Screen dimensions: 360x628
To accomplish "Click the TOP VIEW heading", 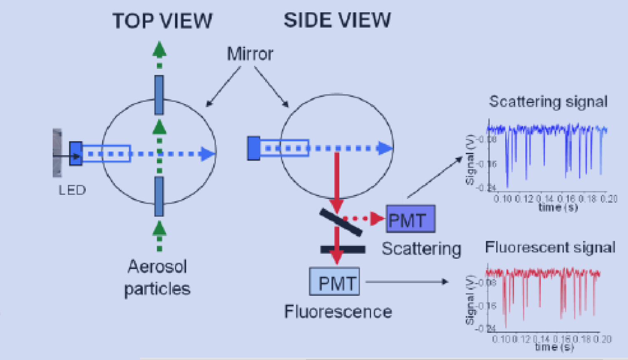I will pos(162,21).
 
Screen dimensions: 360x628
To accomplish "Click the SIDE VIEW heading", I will pos(337,20).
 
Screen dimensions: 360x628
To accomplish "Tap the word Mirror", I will pos(250,54).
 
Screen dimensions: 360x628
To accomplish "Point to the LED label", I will pos(72,190).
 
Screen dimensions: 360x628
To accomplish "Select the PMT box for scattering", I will pos(410,219).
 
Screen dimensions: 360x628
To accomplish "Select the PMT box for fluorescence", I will pos(334,282).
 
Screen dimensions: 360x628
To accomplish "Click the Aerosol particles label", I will pos(158,278).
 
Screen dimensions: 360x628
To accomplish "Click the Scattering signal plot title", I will pos(548,102).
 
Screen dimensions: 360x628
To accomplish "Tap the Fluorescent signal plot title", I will pos(550,248).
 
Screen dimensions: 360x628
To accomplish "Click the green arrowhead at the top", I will pos(159,49).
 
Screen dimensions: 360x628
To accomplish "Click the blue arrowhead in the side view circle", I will pos(385,148).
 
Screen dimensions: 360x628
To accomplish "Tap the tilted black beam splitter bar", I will pos(341,222).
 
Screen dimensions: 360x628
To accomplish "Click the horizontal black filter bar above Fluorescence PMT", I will pos(343,250).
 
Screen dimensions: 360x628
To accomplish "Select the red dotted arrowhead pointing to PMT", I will pos(377,219).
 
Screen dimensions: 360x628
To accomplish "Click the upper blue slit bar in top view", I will pos(159,95).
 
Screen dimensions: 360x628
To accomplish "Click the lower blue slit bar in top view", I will pos(159,196).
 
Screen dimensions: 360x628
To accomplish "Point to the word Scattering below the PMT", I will pos(421,249).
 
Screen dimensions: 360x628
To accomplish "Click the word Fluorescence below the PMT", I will pos(338,312).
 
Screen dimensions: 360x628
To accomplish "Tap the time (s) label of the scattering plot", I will pos(558,207).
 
